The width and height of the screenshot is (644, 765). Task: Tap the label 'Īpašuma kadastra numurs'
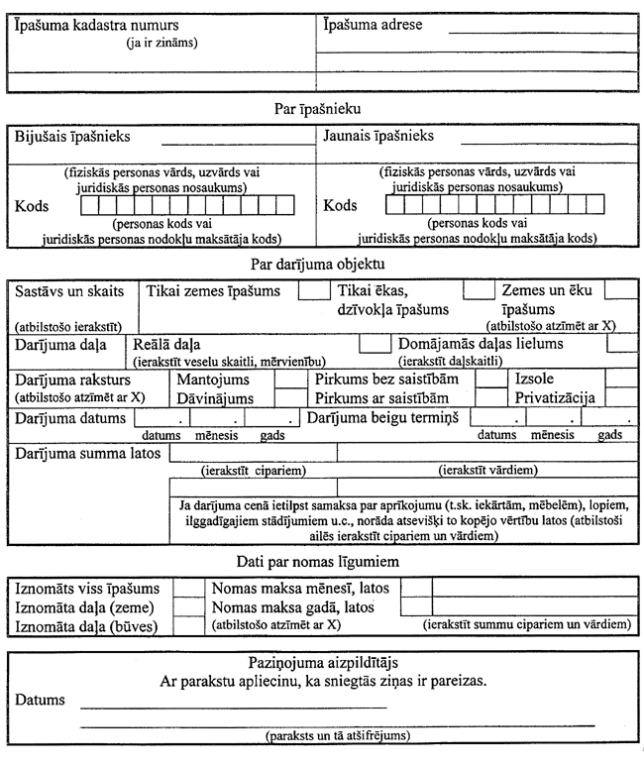tap(89, 22)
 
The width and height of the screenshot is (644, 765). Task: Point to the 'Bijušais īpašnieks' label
tap(77, 136)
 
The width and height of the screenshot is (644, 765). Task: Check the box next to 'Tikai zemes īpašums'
tap(314, 291)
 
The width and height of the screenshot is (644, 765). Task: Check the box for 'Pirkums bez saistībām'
tap(491, 379)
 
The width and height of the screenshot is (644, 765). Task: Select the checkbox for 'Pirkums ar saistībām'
tap(491, 397)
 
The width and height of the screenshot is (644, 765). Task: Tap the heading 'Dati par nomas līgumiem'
tap(321, 562)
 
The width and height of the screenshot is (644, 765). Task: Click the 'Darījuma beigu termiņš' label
tap(384, 417)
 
